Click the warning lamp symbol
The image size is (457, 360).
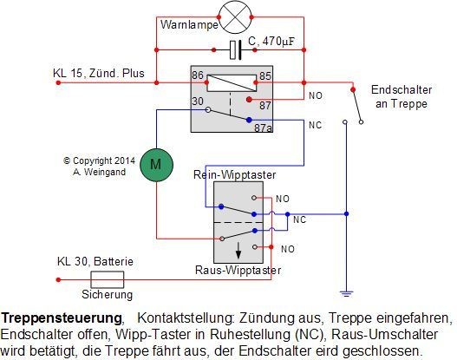click(235, 17)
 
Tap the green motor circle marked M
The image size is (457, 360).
click(156, 165)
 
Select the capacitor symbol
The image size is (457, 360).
click(235, 50)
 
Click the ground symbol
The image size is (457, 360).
click(346, 293)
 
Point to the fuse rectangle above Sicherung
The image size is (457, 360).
click(108, 279)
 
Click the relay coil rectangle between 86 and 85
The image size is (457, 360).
click(232, 83)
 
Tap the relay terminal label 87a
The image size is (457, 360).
click(263, 128)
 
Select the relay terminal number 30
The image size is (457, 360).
click(198, 101)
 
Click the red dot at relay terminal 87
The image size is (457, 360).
click(249, 100)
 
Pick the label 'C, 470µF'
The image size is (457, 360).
click(271, 42)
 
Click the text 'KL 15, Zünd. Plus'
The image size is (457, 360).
click(99, 73)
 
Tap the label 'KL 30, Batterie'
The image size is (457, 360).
click(95, 261)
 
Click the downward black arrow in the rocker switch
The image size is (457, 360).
click(238, 251)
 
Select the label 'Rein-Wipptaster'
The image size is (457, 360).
click(235, 174)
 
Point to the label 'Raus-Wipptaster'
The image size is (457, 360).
click(238, 270)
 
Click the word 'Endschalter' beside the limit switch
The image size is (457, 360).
click(402, 89)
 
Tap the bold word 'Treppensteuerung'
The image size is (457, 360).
click(62, 318)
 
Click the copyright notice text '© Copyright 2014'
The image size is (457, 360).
click(100, 160)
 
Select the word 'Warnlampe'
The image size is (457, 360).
click(189, 24)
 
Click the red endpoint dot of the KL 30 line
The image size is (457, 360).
click(58, 280)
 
